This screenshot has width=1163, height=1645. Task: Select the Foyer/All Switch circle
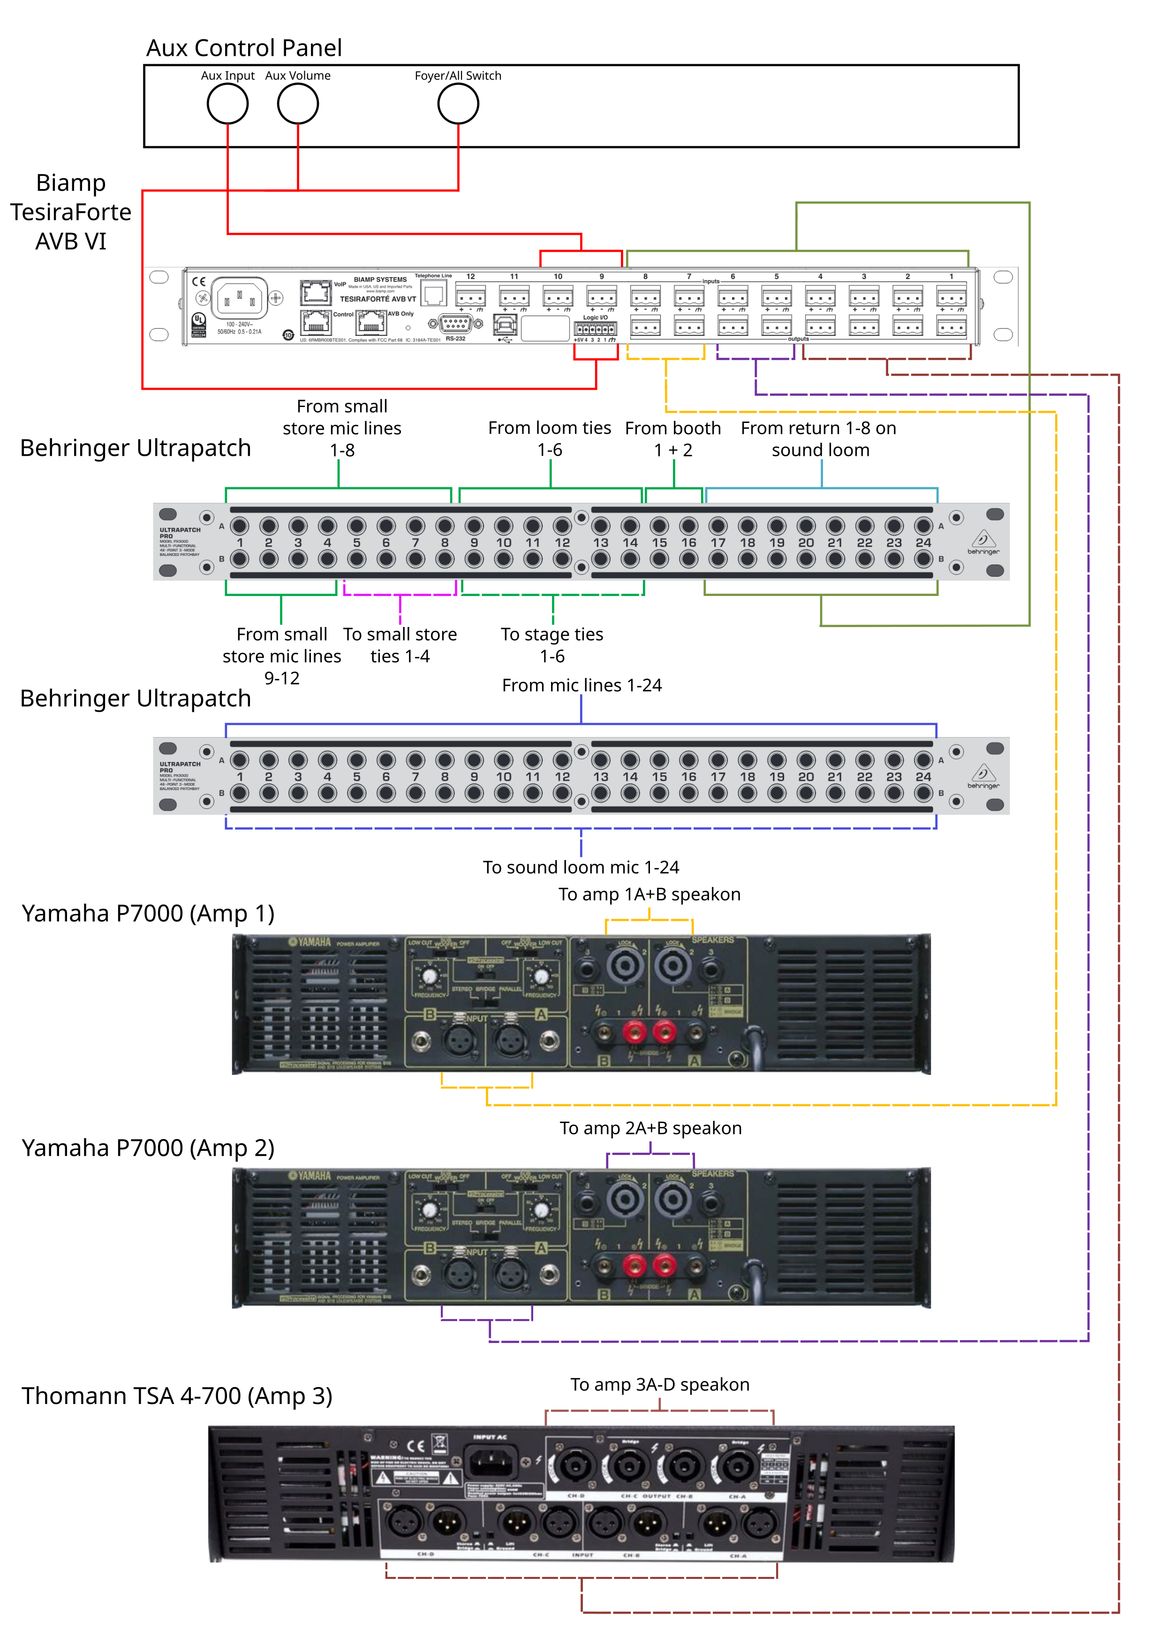458,104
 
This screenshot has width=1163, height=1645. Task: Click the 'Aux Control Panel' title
244,48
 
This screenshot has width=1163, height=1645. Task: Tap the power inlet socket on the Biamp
239,297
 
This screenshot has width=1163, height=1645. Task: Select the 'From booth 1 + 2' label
673,438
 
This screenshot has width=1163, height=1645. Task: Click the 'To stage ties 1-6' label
552,645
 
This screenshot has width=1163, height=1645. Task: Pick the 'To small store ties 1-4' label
400,645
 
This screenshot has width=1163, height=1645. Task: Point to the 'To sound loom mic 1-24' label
581,868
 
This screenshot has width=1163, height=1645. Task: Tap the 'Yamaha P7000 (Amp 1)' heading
148,913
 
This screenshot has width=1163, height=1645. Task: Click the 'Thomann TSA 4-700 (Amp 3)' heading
176,1396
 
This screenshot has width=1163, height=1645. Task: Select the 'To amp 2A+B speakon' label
650,1128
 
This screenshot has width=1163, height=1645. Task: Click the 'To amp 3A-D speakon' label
659,1385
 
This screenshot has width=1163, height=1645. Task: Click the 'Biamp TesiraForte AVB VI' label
70,212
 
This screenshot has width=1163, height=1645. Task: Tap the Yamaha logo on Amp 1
310,942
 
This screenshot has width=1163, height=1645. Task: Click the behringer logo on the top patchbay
983,543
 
